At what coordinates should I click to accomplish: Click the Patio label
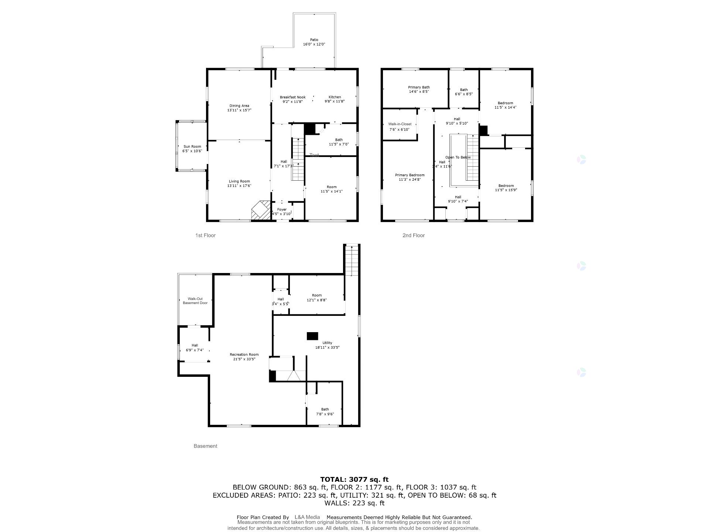pyautogui.click(x=314, y=40)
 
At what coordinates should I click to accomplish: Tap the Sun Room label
pyautogui.click(x=192, y=147)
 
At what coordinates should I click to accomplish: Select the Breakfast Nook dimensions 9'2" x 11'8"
pyautogui.click(x=292, y=102)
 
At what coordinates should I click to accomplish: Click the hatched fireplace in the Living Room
pyautogui.click(x=261, y=211)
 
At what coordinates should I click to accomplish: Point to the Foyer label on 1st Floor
pyautogui.click(x=282, y=209)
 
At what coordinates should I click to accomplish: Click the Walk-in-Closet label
pyautogui.click(x=400, y=124)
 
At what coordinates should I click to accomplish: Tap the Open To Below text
pyautogui.click(x=458, y=157)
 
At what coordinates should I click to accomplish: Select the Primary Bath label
pyautogui.click(x=419, y=88)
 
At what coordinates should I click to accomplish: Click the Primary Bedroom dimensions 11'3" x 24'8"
pyautogui.click(x=410, y=180)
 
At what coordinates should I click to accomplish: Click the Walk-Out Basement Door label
pyautogui.click(x=195, y=301)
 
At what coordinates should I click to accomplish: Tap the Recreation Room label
pyautogui.click(x=244, y=355)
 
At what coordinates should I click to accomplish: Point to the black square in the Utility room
pyautogui.click(x=312, y=336)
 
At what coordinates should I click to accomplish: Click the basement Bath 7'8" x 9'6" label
pyautogui.click(x=325, y=412)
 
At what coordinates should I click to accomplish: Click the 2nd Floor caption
pyautogui.click(x=413, y=235)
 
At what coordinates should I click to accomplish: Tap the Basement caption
pyautogui.click(x=205, y=446)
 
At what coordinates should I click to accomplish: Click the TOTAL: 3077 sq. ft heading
pyautogui.click(x=354, y=480)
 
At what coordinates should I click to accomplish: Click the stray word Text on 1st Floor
pyautogui.click(x=314, y=155)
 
